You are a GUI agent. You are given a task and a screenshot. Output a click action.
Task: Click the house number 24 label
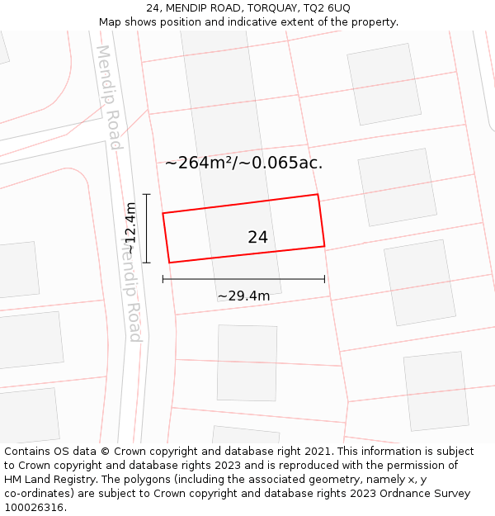(257, 238)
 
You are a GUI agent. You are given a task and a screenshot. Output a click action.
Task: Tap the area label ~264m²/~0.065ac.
(243, 163)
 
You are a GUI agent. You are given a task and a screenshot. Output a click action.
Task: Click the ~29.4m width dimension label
(243, 296)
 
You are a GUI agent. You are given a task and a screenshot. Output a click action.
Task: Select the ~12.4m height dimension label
(130, 229)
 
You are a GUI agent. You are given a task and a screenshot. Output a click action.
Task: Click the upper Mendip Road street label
(109, 97)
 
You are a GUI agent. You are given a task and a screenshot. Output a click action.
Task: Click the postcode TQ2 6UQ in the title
(328, 7)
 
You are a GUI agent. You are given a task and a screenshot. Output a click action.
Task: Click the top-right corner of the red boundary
(318, 195)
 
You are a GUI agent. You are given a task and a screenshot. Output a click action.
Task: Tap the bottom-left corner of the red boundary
(169, 263)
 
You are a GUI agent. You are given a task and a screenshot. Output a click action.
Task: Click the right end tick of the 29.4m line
(324, 279)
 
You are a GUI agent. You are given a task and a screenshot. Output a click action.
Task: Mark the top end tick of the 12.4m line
(146, 194)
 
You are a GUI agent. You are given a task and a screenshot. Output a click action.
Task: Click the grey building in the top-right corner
(384, 83)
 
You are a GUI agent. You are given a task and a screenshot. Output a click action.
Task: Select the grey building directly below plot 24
(247, 362)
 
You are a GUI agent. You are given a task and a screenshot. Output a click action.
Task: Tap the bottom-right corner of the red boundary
(324, 246)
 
